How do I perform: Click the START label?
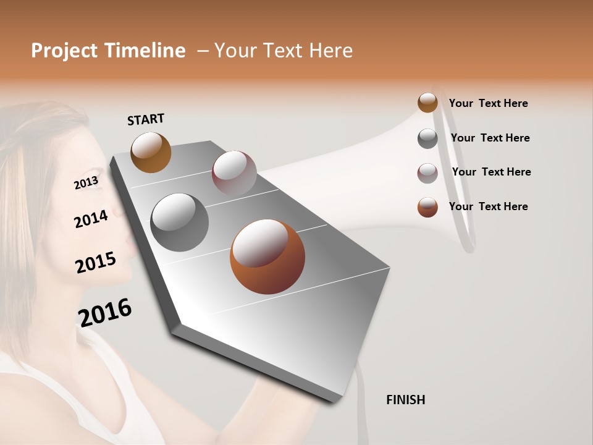click(146, 119)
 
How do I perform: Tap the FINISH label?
click(405, 400)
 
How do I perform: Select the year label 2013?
click(86, 183)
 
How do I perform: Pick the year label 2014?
click(91, 219)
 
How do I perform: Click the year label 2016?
click(105, 313)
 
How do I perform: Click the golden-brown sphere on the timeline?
click(151, 152)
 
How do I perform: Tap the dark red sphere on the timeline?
click(234, 173)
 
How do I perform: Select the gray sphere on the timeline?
click(180, 222)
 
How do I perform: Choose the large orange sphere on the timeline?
click(267, 256)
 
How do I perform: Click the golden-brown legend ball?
click(427, 103)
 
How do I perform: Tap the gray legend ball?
click(427, 138)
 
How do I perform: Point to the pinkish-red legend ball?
click(427, 173)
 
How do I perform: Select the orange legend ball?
click(427, 207)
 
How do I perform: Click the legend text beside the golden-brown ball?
click(488, 103)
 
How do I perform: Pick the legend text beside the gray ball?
click(490, 138)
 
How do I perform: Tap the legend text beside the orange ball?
click(488, 206)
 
